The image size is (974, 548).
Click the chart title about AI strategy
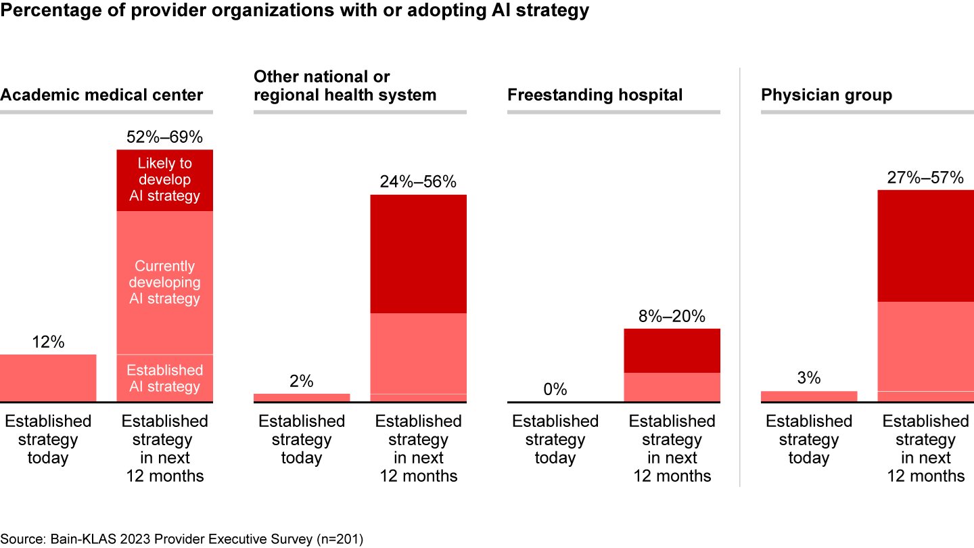coord(294,11)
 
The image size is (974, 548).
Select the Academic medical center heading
coord(101,95)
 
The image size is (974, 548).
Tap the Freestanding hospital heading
coord(595,95)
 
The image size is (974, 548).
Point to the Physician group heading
coord(827,95)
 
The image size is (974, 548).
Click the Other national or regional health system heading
coord(345,86)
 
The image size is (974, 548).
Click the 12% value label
coord(48,342)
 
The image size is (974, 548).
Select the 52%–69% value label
coord(164,137)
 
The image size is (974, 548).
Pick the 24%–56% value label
coord(418,182)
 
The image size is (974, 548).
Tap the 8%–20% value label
coord(672,316)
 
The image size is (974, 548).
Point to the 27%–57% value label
coord(925,177)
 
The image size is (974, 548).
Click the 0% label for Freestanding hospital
coord(555,390)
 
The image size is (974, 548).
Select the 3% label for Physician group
coord(809,378)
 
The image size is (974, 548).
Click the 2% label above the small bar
coord(302,381)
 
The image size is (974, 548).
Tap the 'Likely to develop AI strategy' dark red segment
coord(164,180)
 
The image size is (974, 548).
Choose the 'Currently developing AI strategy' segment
coord(164,282)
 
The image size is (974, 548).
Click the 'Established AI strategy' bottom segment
coord(164,378)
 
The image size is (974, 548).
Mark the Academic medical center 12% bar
coord(48,378)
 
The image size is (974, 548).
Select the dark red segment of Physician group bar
coord(925,246)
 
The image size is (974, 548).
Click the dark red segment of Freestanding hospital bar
coord(672,350)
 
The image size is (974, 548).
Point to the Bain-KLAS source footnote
coord(182,539)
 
